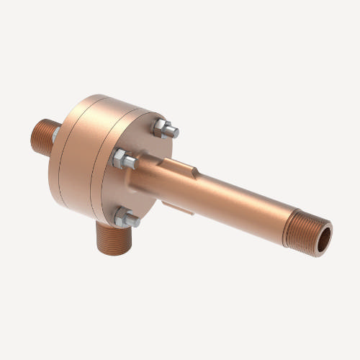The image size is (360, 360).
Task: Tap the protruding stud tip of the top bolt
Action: point(173,132)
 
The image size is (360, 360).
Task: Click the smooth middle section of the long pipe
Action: point(238,202)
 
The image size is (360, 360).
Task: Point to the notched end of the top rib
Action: point(196,171)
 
